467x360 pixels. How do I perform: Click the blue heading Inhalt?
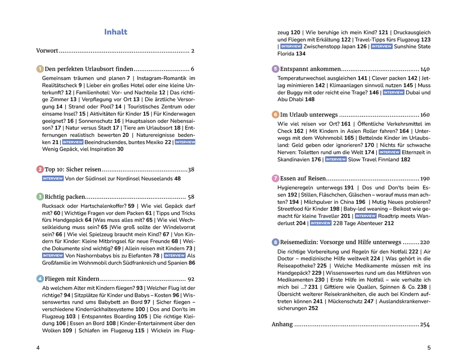pyautogui.click(x=115, y=32)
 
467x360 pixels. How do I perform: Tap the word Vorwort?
pyautogui.click(x=47, y=51)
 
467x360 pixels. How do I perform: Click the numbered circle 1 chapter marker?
pyautogui.click(x=40, y=69)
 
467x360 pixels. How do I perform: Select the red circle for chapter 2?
pyautogui.click(x=40, y=169)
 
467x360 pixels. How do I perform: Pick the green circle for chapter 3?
pyautogui.click(x=40, y=196)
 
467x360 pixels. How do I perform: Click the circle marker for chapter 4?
pyautogui.click(x=40, y=278)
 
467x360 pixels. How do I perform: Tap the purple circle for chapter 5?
pyautogui.click(x=275, y=69)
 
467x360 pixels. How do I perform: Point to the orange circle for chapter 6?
pyautogui.click(x=275, y=115)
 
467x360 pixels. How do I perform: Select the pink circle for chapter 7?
pyautogui.click(x=275, y=178)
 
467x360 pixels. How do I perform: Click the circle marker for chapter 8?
pyautogui.click(x=275, y=242)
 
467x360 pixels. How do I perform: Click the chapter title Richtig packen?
pyautogui.click(x=64, y=197)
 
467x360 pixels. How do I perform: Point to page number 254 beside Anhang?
pyautogui.click(x=425, y=325)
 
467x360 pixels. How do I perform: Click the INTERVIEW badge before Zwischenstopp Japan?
pyautogui.click(x=291, y=47)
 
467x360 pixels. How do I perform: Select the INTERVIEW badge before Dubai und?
pyautogui.click(x=393, y=93)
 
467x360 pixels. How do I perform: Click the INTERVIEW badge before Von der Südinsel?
pyautogui.click(x=53, y=179)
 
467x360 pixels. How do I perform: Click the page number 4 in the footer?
pyautogui.click(x=38, y=348)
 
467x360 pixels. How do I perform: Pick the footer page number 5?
pyautogui.click(x=429, y=348)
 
